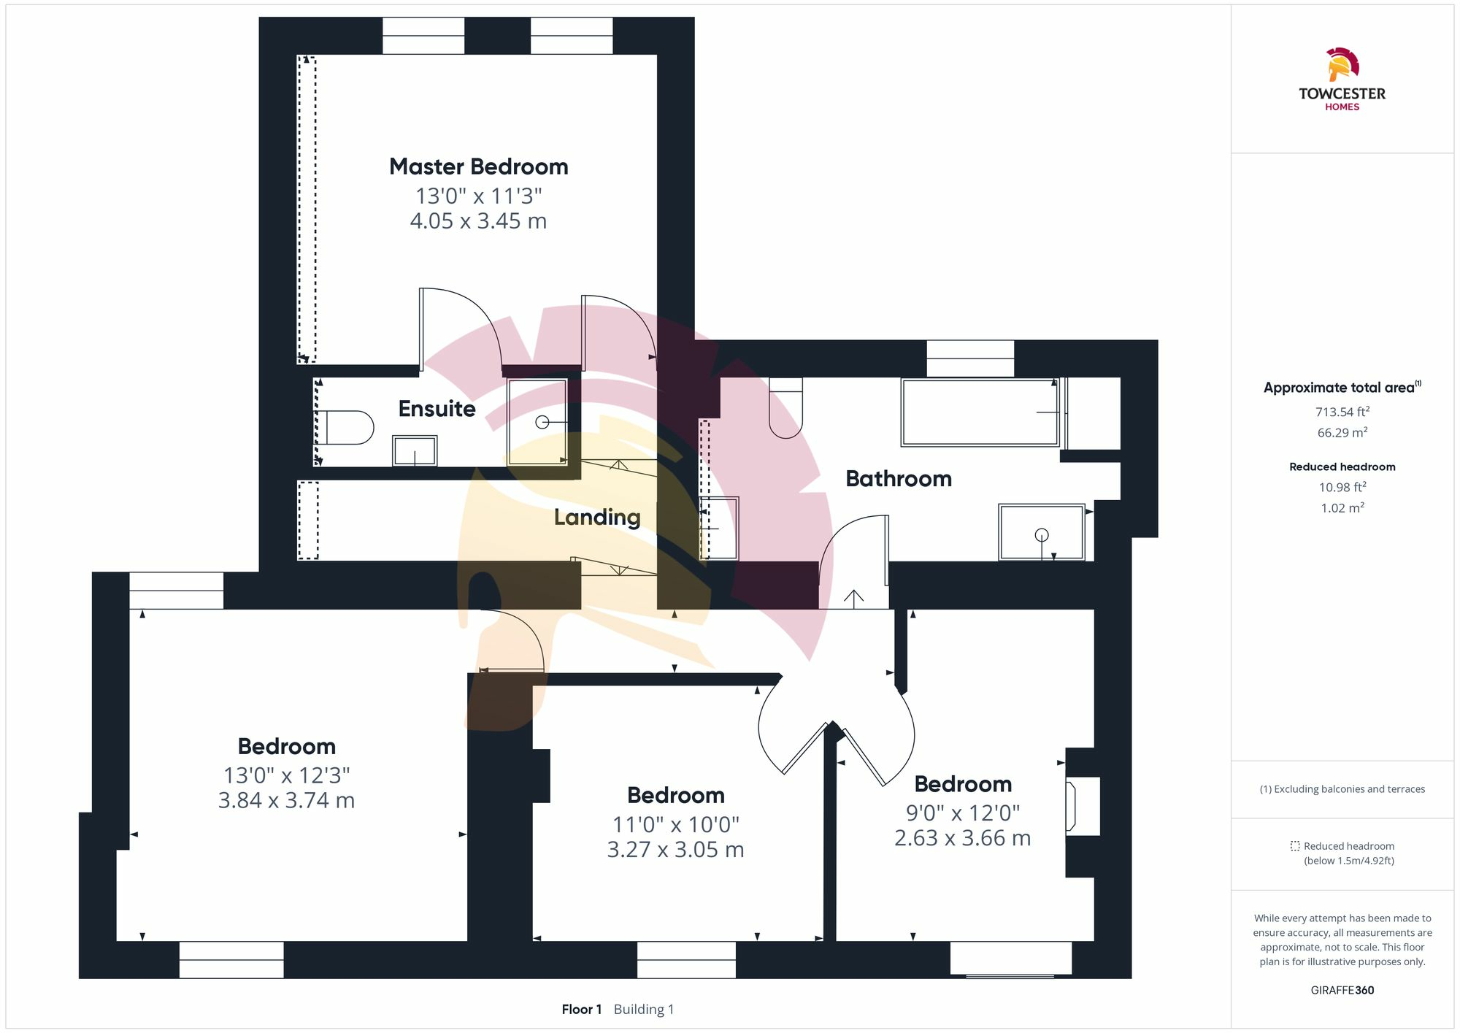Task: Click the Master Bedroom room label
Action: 478,166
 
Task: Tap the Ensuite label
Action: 437,409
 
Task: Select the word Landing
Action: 597,518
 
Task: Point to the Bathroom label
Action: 899,479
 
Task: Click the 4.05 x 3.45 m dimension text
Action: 478,220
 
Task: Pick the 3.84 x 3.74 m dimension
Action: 286,800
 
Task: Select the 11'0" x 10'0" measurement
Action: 676,824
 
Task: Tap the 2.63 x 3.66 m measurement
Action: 963,837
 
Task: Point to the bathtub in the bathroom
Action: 980,412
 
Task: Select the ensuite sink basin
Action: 415,450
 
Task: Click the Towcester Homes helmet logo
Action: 1342,65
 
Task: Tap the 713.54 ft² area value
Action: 1342,412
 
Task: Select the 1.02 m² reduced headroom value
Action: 1342,507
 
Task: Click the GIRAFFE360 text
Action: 1342,991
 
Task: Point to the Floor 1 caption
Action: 582,1010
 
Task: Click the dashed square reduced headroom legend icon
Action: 1295,846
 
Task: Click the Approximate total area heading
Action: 1342,388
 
